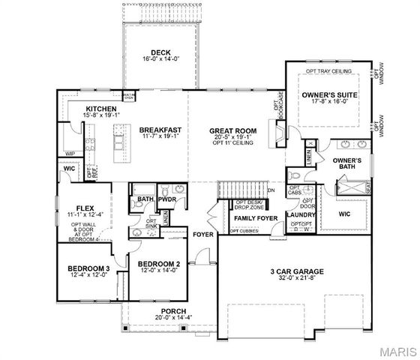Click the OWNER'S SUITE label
tap(330, 95)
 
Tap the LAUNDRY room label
tap(301, 216)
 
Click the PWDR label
tap(166, 200)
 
